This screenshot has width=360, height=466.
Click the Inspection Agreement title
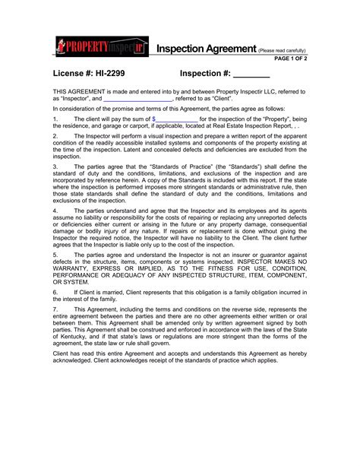(207, 49)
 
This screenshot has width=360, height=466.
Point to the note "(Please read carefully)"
(282, 50)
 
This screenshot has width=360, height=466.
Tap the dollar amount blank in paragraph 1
(175, 119)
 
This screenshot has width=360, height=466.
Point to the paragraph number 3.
(55, 164)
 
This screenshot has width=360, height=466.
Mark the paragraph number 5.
(55, 255)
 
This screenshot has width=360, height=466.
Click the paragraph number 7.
(55, 309)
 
